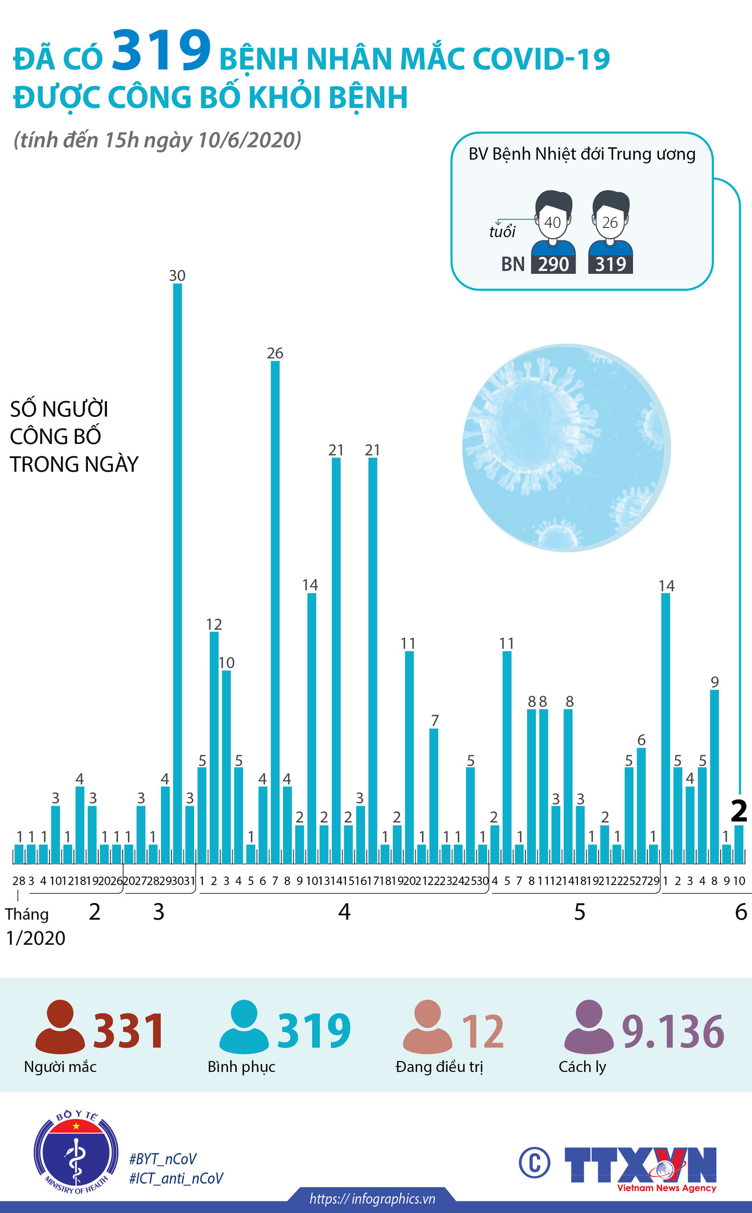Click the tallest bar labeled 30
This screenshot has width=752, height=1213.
click(x=178, y=572)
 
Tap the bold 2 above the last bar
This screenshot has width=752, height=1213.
click(x=739, y=811)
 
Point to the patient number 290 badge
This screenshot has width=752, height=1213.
click(x=553, y=264)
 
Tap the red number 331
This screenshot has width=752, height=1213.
click(x=128, y=1031)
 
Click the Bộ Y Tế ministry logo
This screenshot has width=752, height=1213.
click(x=76, y=1152)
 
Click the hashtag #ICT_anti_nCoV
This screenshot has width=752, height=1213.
click(x=176, y=1178)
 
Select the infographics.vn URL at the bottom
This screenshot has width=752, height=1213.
click(x=372, y=1199)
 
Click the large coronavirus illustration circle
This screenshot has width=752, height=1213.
click(x=566, y=448)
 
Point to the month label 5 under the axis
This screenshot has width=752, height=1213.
click(x=580, y=912)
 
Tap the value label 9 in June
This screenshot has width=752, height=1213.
click(x=715, y=682)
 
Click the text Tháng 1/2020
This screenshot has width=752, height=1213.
click(x=35, y=926)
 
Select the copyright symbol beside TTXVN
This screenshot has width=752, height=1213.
click(x=534, y=1163)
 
